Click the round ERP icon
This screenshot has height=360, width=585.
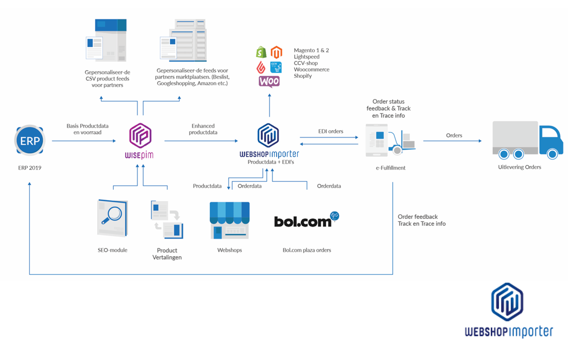[29, 140]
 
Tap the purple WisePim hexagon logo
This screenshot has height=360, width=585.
[140, 136]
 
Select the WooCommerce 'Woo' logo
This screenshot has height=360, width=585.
[269, 81]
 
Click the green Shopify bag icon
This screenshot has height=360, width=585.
[261, 52]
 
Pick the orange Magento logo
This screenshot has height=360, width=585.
[276, 52]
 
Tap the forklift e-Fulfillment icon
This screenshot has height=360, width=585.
[391, 139]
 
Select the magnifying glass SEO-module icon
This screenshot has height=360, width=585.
[112, 218]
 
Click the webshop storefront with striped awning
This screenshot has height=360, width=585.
[229, 220]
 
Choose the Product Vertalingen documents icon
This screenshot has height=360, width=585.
[167, 219]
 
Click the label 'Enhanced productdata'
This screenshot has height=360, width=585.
[203, 129]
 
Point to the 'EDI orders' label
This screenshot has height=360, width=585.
[331, 131]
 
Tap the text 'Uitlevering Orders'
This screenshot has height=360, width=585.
[519, 167]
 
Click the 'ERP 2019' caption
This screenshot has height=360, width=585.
[29, 167]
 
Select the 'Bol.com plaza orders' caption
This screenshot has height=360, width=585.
[307, 250]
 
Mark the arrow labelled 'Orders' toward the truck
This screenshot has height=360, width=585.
[452, 141]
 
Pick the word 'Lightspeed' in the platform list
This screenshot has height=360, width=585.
[306, 57]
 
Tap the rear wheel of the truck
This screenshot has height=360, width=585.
[504, 154]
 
